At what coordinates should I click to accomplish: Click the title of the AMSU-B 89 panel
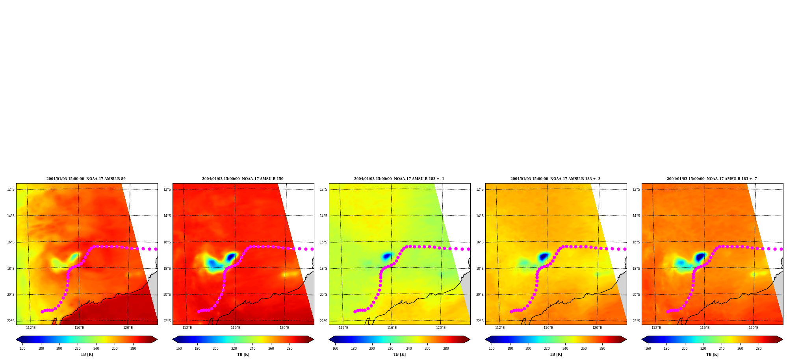[86, 179]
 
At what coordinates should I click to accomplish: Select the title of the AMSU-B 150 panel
[243, 179]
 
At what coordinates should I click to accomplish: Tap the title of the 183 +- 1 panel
[399, 179]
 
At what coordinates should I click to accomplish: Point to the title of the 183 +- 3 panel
[555, 179]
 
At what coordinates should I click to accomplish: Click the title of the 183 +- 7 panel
[712, 179]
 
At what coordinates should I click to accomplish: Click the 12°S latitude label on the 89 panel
[11, 189]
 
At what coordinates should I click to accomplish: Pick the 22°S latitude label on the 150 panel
[167, 321]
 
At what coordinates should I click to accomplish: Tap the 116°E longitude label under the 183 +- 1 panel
[392, 328]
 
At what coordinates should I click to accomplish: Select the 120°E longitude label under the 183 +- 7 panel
[754, 328]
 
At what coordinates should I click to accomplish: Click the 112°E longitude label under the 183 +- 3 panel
[500, 328]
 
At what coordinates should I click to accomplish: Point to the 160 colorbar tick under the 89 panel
[22, 349]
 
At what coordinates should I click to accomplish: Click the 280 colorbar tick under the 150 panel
[290, 349]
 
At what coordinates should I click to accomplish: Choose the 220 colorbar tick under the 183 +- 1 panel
[390, 349]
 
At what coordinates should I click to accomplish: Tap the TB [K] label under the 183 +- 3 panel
[556, 354]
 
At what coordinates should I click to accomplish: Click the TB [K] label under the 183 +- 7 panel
[712, 354]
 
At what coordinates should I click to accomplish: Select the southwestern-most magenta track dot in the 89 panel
[42, 312]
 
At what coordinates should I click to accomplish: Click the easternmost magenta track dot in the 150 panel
[312, 249]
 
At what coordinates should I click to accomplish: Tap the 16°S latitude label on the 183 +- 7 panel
[636, 242]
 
